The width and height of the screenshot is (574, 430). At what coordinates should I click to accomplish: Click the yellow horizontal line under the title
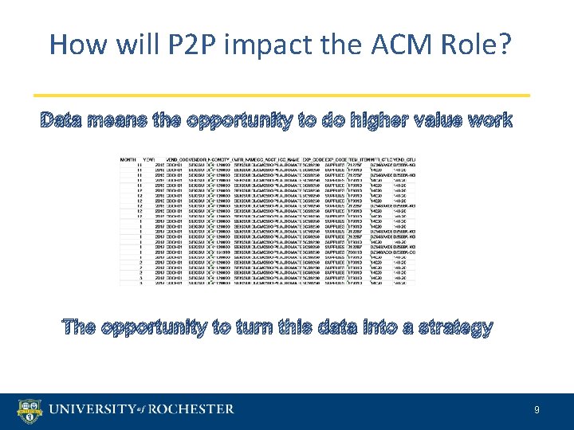pyautogui.click(x=286, y=95)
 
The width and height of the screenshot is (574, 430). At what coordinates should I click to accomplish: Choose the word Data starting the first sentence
pyautogui.click(x=65, y=120)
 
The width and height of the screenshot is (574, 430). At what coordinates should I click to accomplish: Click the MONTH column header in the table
pyautogui.click(x=128, y=158)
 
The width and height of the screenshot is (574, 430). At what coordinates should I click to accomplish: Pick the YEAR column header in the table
pyautogui.click(x=148, y=158)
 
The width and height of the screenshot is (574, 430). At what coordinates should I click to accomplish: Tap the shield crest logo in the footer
pyautogui.click(x=30, y=411)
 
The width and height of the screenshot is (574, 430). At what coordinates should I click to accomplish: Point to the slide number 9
pyautogui.click(x=537, y=411)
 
